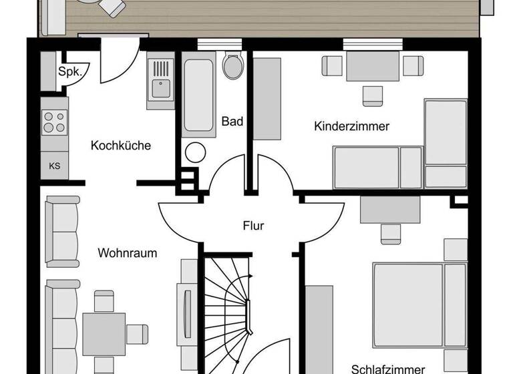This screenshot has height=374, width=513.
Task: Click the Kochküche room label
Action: click(121, 146)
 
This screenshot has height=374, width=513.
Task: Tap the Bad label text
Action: click(232, 122)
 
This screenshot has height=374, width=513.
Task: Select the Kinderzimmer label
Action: click(351, 126)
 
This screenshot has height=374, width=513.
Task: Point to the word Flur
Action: click(253, 226)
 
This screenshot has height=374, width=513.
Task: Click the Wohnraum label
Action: click(127, 253)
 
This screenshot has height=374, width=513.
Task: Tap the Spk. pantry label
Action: click(69, 72)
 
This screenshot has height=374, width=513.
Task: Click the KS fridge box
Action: click(54, 166)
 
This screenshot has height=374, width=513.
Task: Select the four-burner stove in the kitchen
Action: click(54, 122)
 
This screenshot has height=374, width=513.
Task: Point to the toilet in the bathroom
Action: click(232, 66)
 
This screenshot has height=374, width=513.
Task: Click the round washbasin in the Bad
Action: click(195, 152)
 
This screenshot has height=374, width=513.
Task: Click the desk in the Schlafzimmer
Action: click(390, 210)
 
